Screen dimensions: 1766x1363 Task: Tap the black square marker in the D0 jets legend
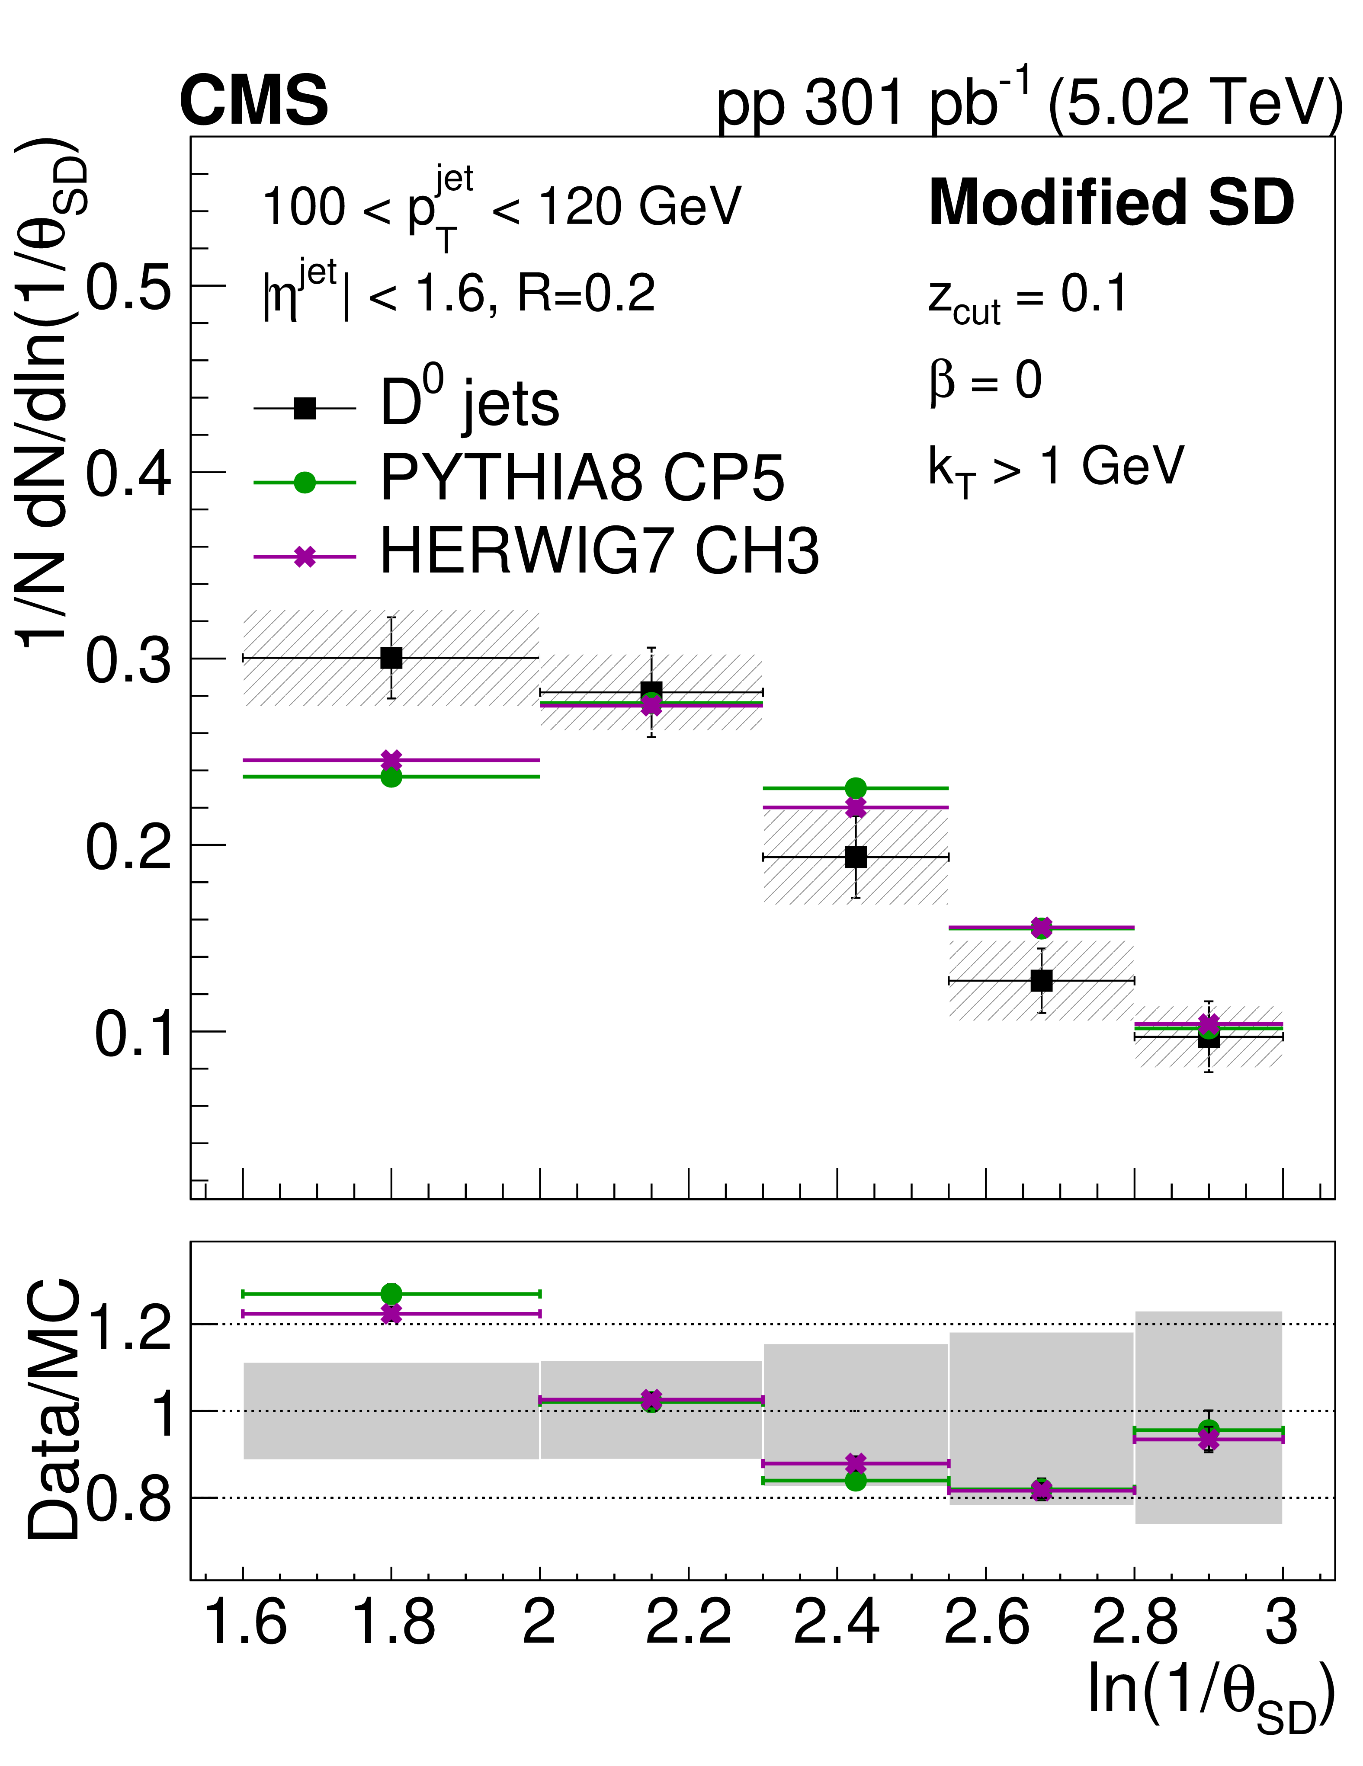(x=304, y=408)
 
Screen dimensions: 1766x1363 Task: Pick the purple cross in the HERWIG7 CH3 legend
(x=304, y=557)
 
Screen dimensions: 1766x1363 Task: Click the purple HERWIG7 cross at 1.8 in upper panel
(x=391, y=760)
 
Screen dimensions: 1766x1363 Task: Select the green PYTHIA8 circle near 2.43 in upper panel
(x=855, y=787)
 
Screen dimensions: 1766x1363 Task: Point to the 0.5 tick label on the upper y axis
(x=129, y=287)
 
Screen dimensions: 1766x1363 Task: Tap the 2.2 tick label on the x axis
(x=688, y=1621)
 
